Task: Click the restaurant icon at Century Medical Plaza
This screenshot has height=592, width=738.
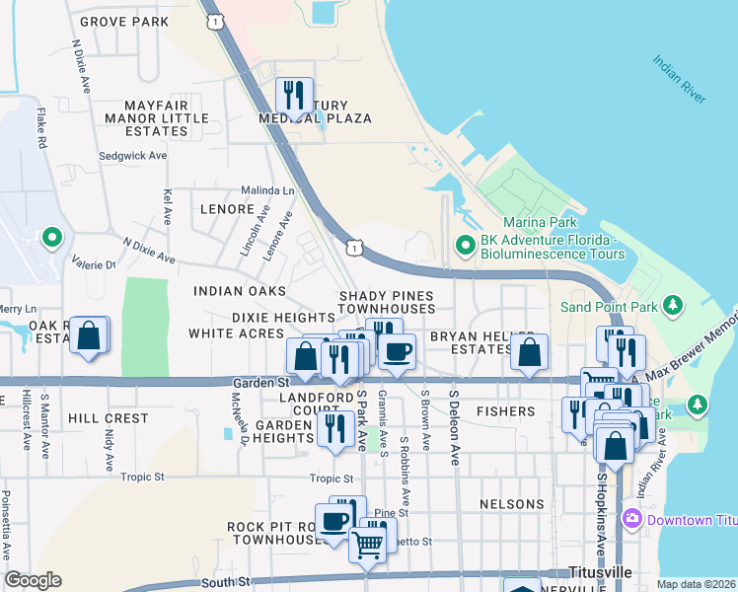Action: click(294, 96)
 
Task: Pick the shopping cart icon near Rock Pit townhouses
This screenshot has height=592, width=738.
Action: click(368, 543)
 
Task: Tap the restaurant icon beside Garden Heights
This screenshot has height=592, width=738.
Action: click(335, 428)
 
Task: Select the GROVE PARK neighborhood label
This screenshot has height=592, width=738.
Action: click(124, 21)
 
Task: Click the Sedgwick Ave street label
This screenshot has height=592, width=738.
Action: click(132, 156)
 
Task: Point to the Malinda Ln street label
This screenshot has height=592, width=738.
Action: click(268, 190)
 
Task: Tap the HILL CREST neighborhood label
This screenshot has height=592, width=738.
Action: click(108, 418)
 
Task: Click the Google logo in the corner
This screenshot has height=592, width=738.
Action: click(33, 580)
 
